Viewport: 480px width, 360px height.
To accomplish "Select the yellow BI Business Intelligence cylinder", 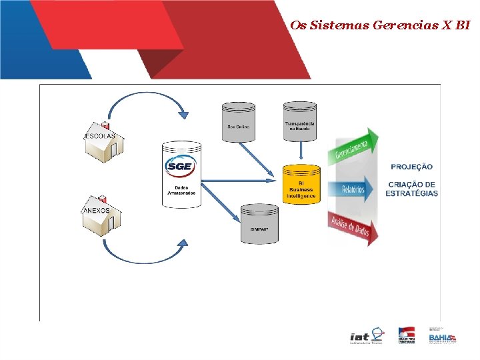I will tap(301, 183).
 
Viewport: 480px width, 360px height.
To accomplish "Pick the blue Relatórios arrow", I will tap(353, 189).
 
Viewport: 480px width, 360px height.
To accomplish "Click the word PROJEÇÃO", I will tap(411, 167).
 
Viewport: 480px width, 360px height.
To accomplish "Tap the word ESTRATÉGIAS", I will tap(412, 193).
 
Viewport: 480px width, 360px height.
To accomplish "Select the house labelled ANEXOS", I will tap(100, 216).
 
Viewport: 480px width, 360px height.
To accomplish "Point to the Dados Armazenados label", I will tap(181, 191).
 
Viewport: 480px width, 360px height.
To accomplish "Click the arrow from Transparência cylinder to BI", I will tap(301, 152).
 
